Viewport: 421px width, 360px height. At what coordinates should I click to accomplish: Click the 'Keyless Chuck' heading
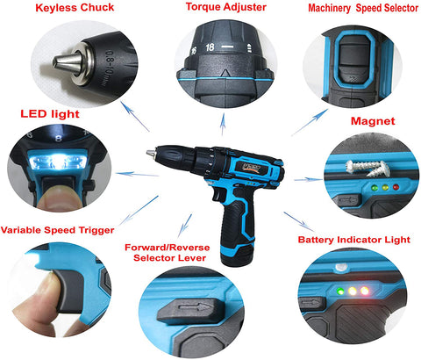tap(75, 8)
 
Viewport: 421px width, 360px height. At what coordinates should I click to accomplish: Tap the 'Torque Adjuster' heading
tap(226, 7)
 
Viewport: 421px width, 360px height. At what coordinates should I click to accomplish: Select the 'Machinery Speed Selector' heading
tap(363, 8)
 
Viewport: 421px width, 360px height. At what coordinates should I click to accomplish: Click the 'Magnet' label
tap(373, 121)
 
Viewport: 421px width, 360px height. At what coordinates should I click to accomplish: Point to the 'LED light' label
tap(50, 114)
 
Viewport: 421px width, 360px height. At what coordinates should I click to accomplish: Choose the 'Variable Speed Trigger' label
tap(57, 230)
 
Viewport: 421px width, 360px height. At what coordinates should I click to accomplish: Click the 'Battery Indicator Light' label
tap(354, 240)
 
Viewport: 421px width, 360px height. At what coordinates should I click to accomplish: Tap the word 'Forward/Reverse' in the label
tap(168, 248)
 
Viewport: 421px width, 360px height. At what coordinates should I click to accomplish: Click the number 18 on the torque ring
tap(210, 47)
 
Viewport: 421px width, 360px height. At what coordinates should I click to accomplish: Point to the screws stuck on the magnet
tap(367, 168)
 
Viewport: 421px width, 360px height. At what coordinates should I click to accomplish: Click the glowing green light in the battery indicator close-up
tap(340, 292)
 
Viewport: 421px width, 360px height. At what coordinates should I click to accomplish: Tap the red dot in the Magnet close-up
tap(396, 187)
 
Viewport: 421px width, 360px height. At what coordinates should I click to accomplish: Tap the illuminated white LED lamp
tap(58, 162)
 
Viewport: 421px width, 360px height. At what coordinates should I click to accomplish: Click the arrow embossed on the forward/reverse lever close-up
tap(196, 307)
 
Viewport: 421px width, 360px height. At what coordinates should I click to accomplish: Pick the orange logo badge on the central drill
tap(252, 169)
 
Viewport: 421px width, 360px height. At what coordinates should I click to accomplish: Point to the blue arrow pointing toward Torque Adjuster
tap(223, 125)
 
